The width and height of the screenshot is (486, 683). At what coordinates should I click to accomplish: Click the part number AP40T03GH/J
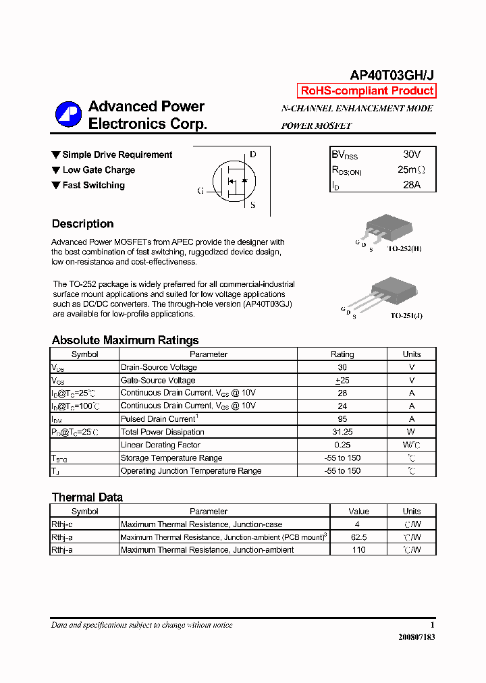coord(391,76)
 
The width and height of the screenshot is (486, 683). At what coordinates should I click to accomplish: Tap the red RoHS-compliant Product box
coord(367,91)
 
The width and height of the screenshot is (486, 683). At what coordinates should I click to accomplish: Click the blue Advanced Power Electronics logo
coord(68,115)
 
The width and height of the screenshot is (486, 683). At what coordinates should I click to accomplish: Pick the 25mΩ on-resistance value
coord(411,169)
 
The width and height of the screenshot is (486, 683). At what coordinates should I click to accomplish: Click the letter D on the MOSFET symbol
coord(253,155)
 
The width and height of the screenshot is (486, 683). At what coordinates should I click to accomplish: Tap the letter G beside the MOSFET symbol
coord(200,191)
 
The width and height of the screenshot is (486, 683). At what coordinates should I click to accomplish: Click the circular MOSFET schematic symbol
coord(234,181)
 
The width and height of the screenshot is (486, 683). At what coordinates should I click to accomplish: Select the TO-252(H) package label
coord(404,248)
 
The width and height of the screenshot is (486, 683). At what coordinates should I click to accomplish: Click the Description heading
coord(82,224)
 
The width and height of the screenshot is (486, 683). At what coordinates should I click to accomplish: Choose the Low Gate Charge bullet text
coord(99,170)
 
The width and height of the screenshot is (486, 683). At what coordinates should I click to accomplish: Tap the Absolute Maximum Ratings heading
coord(125,340)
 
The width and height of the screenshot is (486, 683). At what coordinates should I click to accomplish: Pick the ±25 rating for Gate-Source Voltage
coord(342,381)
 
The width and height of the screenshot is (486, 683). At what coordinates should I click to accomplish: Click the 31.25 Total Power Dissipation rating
coord(342,432)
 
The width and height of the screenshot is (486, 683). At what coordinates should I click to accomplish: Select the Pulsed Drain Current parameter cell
coord(159,419)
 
